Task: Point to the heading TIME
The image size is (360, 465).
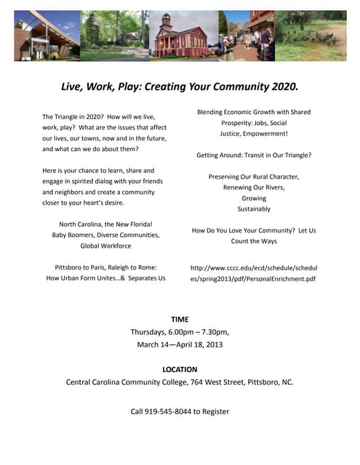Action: click(180, 319)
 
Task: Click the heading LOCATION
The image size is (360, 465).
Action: click(180, 369)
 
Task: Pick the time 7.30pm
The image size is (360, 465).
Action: click(210, 331)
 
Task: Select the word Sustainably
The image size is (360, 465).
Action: click(254, 209)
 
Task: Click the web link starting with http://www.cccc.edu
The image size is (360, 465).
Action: click(254, 272)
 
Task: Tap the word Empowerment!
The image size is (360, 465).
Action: click(266, 134)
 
